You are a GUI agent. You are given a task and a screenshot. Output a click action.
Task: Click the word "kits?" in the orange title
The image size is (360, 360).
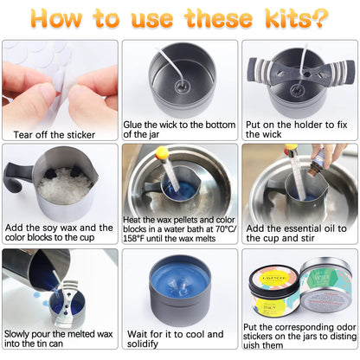click(297, 18)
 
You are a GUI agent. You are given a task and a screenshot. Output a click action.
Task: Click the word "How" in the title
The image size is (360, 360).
click(56, 18)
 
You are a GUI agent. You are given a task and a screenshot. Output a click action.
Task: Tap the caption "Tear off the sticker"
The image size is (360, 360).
click(55, 135)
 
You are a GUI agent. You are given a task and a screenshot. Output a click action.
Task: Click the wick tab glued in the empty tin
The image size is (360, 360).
click(183, 86)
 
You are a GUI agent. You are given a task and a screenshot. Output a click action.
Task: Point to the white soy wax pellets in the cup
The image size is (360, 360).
click(66, 186)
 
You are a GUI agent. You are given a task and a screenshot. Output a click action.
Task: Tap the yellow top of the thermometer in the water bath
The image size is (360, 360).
click(162, 153)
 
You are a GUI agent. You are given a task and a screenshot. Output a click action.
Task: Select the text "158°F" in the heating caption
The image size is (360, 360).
click(133, 239)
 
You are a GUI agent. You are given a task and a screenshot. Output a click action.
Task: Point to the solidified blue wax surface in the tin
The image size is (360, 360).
click(180, 280)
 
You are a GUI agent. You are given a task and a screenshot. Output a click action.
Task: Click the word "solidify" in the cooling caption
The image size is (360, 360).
click(143, 344)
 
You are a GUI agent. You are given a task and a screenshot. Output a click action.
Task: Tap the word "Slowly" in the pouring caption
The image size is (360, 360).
click(16, 334)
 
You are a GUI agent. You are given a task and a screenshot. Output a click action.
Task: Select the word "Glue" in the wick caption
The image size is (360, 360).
click(132, 125)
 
